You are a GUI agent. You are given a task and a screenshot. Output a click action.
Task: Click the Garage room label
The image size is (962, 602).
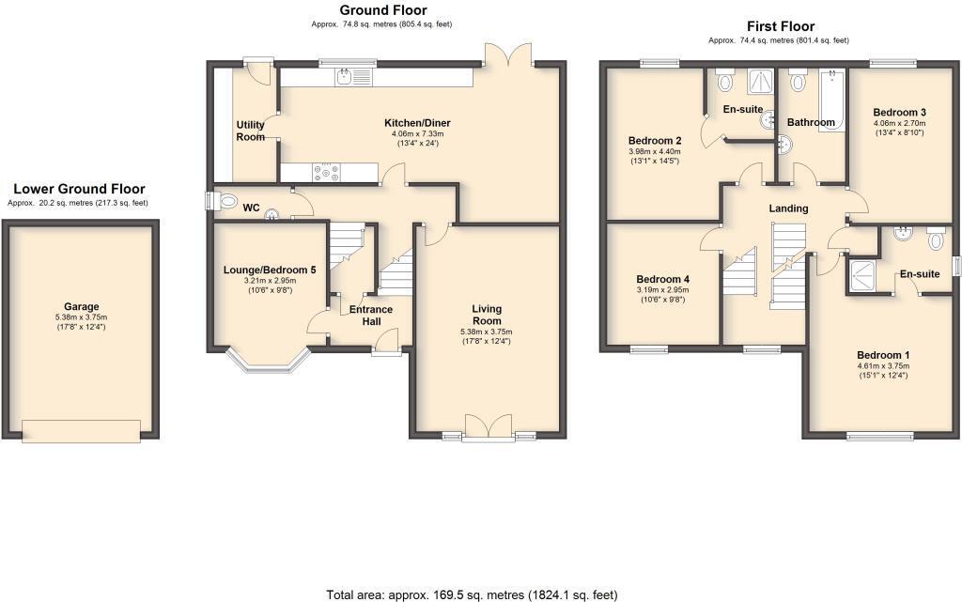tap(81, 306)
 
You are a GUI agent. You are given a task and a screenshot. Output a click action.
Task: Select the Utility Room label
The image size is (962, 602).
tap(250, 131)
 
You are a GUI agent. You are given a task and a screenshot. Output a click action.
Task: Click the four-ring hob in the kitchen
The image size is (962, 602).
tap(329, 172)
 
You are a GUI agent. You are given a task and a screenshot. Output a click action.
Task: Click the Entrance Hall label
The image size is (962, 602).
tap(371, 316)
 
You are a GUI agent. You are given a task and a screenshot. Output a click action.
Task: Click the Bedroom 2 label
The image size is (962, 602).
tap(655, 141)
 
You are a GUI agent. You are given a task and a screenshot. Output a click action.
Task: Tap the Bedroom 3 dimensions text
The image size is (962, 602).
tap(899, 128)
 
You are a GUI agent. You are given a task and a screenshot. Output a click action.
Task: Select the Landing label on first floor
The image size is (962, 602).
tap(787, 208)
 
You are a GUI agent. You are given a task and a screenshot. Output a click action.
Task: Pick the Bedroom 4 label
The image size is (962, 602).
tap(662, 279)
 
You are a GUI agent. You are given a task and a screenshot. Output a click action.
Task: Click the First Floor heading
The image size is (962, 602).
tap(780, 26)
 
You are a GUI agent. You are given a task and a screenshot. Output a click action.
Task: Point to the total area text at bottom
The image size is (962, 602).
tap(471, 594)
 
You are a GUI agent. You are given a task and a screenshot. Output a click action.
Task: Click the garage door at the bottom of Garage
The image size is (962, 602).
tap(82, 429)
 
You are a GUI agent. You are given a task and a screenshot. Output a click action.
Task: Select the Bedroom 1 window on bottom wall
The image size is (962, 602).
tap(879, 436)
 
